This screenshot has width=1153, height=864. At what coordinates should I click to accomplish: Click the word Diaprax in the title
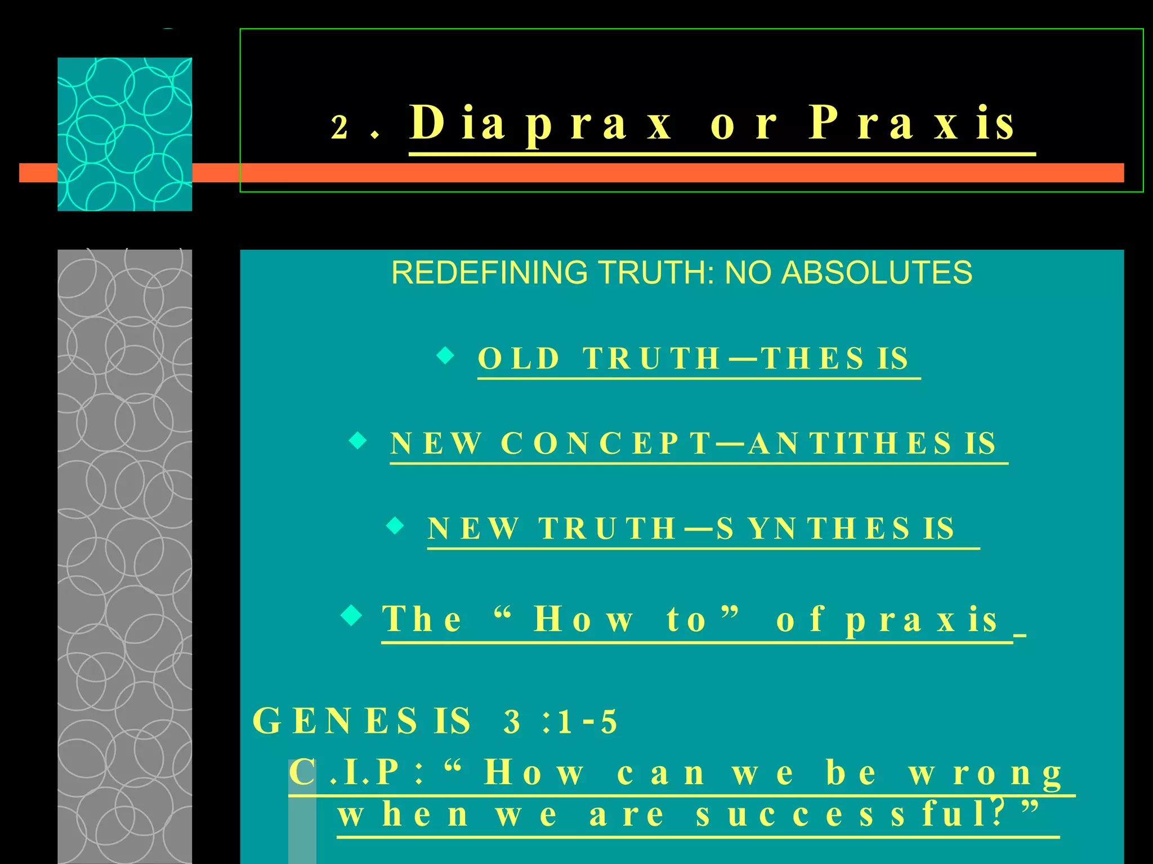(x=540, y=124)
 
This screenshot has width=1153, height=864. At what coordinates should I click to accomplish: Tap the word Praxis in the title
(x=912, y=124)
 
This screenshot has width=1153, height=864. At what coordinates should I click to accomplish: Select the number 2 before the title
(x=339, y=127)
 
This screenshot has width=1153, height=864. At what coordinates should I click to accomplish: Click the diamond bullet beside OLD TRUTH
(x=445, y=355)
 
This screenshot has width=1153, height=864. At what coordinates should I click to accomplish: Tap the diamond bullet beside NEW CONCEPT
(x=358, y=440)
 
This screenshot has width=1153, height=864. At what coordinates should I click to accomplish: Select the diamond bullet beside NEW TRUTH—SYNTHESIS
(x=396, y=525)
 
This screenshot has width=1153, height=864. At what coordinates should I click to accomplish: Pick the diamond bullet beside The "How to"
(x=352, y=615)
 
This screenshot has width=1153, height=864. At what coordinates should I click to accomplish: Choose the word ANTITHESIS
(x=873, y=443)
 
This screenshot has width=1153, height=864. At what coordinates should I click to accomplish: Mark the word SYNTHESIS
(x=835, y=529)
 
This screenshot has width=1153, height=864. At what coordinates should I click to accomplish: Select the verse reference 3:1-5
(x=561, y=722)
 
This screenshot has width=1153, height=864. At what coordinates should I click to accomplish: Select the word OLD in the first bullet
(x=519, y=358)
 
